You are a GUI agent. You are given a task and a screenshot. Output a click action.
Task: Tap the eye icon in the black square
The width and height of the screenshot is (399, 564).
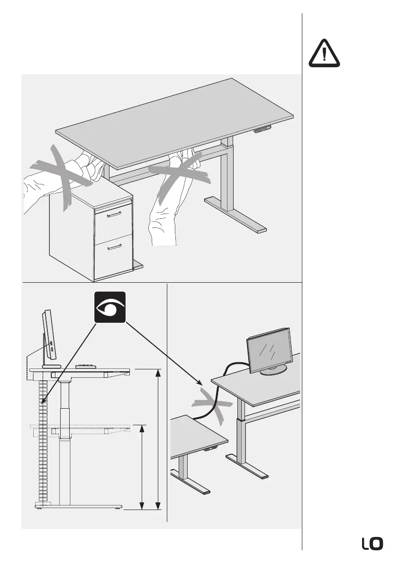(x=109, y=307)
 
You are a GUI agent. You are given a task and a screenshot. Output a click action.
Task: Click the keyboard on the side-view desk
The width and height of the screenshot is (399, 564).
(x=86, y=366)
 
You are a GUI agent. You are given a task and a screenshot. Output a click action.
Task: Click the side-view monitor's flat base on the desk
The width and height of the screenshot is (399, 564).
(x=51, y=366)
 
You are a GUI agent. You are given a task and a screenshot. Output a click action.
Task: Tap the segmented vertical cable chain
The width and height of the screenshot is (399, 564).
(x=41, y=440)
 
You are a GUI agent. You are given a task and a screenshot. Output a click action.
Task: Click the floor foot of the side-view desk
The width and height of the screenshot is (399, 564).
(x=78, y=506)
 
